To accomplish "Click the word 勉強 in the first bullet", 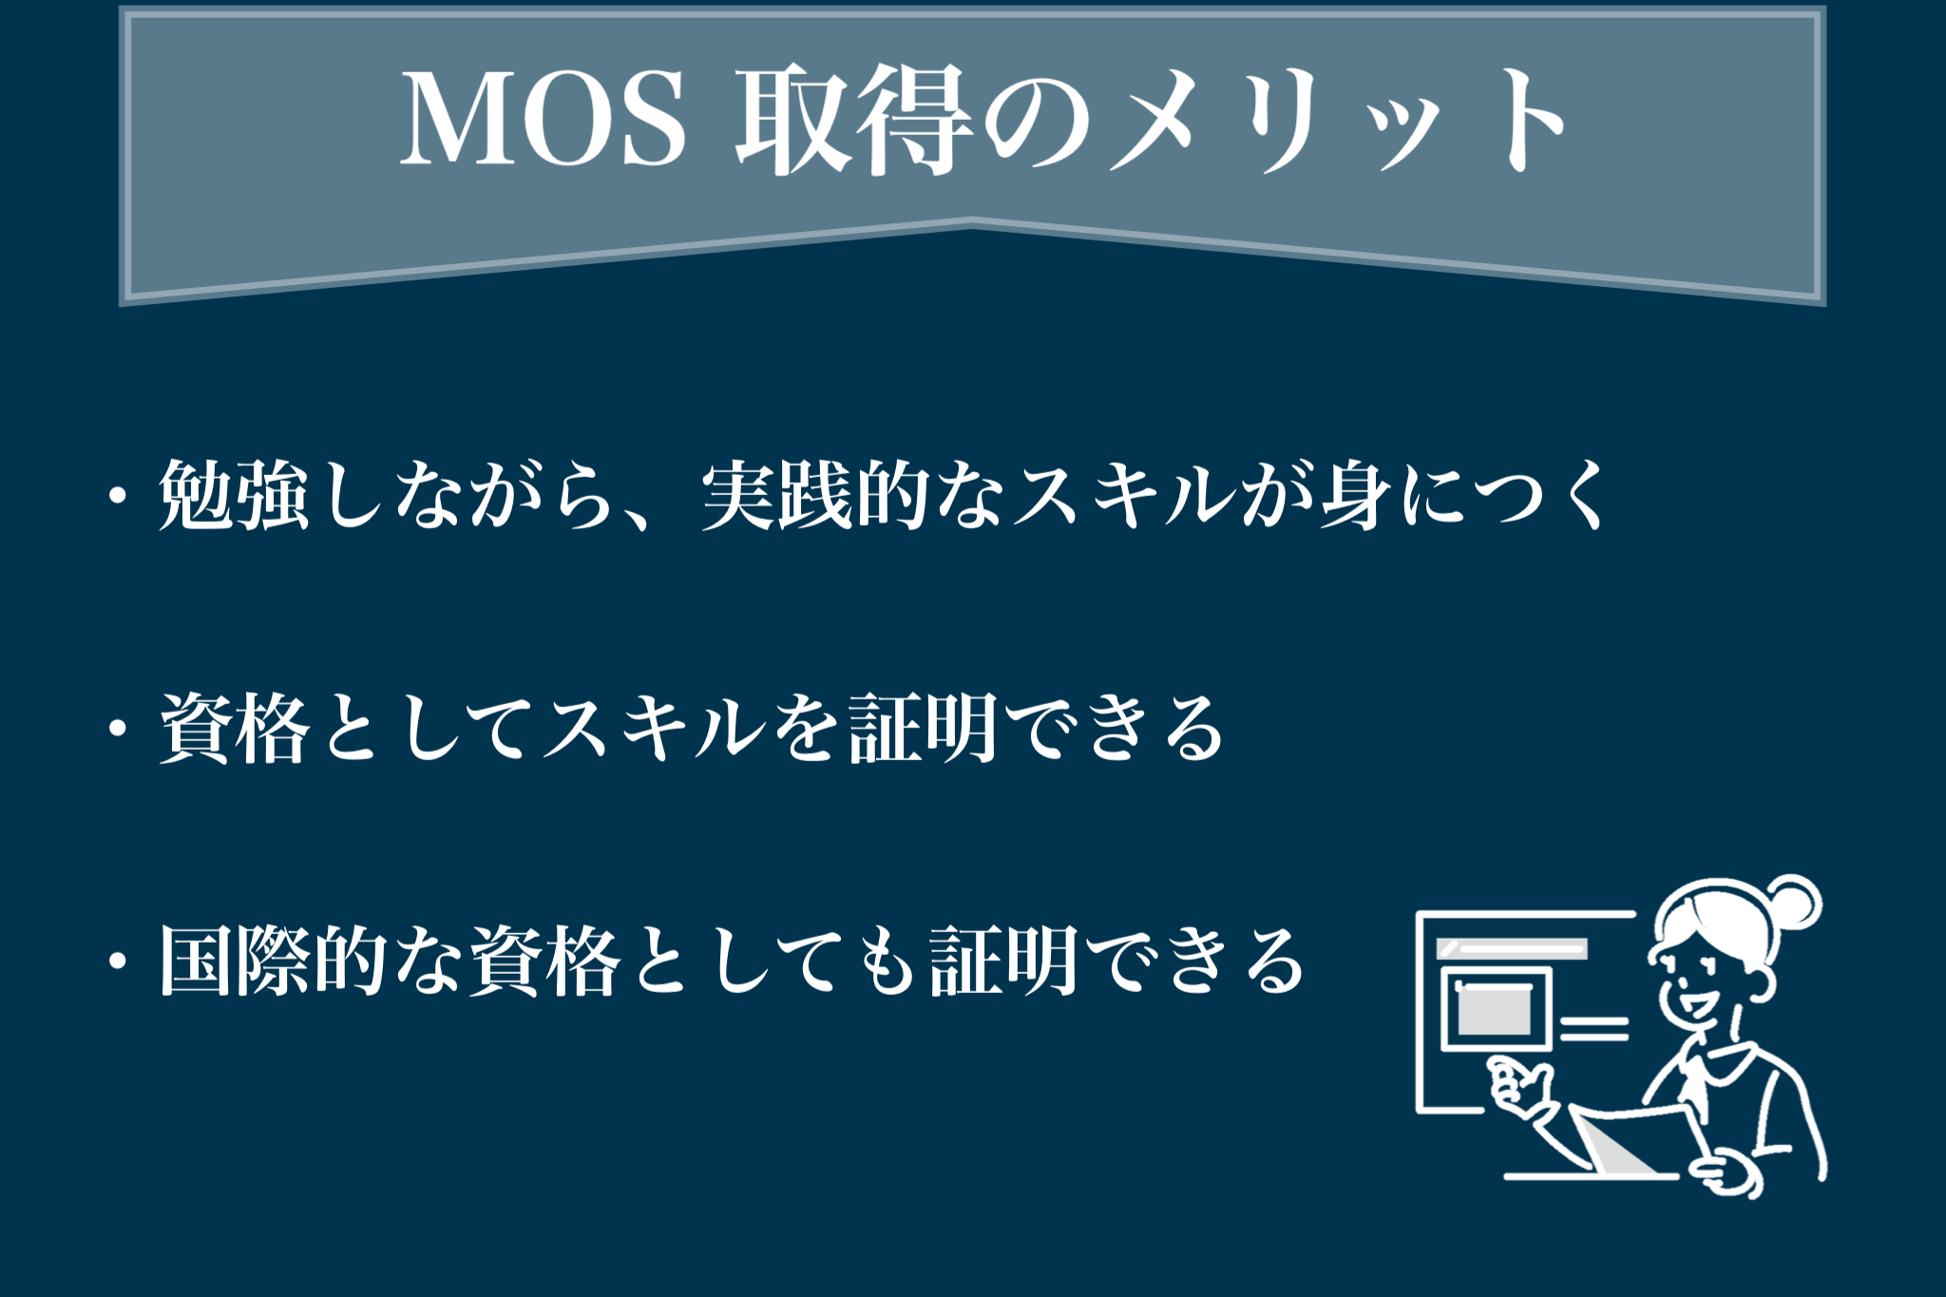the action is pos(234,495).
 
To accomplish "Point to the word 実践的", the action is pos(814,495).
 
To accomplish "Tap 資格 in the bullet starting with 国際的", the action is pos(544,962).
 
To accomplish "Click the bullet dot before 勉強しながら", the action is pos(118,497).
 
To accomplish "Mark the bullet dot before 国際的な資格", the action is pos(118,963).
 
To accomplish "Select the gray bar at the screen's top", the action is pos(1512,949).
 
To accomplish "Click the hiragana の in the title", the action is pos(1036,124).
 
